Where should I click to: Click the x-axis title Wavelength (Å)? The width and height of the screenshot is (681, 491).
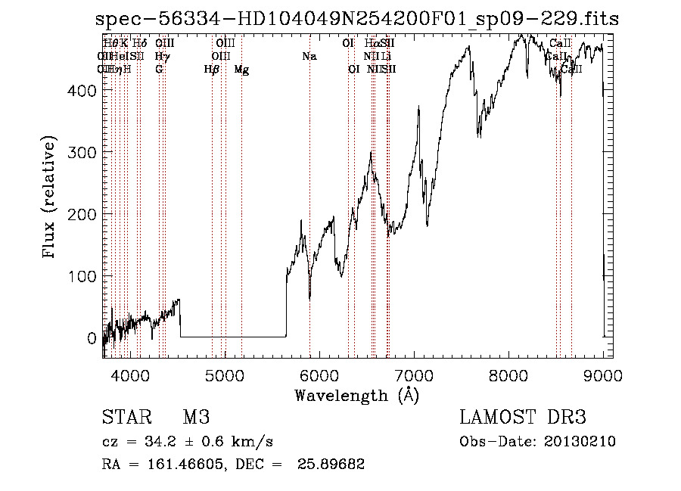tap(356, 396)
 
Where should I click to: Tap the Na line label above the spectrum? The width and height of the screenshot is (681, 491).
tap(309, 56)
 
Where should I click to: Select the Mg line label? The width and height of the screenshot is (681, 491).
tap(241, 70)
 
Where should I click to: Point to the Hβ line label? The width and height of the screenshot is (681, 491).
tap(212, 70)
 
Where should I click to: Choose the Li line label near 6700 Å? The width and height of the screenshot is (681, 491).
tap(387, 56)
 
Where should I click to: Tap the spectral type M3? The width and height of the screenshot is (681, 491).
tap(195, 418)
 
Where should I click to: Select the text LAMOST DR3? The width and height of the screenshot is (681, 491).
tap(523, 418)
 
